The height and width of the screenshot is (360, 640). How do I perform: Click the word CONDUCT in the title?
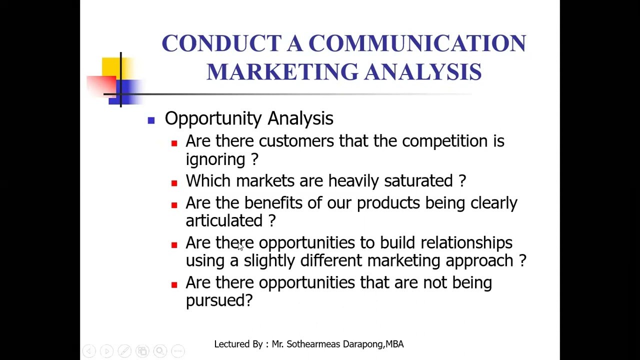pyautogui.click(x=221, y=43)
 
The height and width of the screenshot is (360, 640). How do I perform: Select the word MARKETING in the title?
pyautogui.click(x=282, y=71)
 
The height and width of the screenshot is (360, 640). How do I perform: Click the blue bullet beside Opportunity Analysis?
pyautogui.click(x=151, y=120)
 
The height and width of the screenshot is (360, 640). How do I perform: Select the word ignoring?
pyautogui.click(x=215, y=160)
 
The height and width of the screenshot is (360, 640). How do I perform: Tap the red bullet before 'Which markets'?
pyautogui.click(x=174, y=183)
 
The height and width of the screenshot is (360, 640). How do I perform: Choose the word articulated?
pyautogui.click(x=224, y=221)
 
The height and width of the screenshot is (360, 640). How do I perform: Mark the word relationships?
pyautogui.click(x=466, y=243)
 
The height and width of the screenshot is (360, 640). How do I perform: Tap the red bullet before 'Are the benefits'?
pyautogui.click(x=174, y=205)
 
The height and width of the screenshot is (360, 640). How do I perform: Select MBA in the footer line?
pyautogui.click(x=394, y=344)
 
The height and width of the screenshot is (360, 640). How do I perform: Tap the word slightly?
pyautogui.click(x=269, y=261)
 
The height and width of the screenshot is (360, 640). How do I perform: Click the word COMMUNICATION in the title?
pyautogui.click(x=417, y=43)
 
